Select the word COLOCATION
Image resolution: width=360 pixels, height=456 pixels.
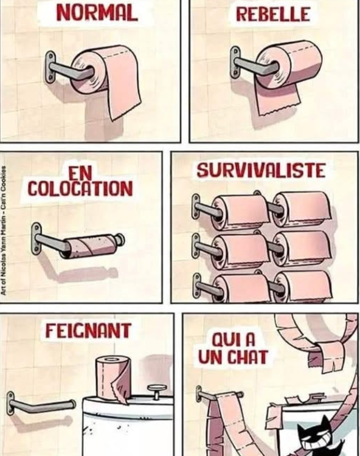80,188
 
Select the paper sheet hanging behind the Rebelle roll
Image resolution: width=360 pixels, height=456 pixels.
277,100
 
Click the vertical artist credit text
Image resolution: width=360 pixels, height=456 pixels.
5,231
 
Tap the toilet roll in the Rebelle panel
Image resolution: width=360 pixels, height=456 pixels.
286,64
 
